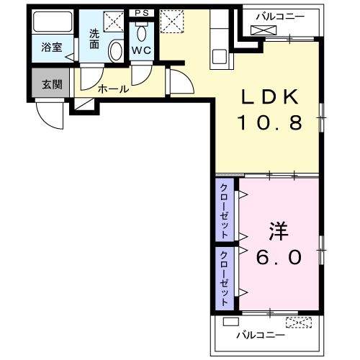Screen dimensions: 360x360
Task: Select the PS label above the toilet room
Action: click(x=142, y=12)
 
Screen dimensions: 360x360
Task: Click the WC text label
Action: click(x=141, y=50)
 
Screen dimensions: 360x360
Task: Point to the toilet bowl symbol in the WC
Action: click(x=141, y=32)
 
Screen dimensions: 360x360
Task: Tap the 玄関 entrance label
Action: click(x=50, y=84)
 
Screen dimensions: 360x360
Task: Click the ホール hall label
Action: click(x=113, y=89)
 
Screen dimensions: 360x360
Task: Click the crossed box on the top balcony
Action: click(x=261, y=30)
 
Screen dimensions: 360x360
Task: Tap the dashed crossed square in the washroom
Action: click(x=113, y=22)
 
